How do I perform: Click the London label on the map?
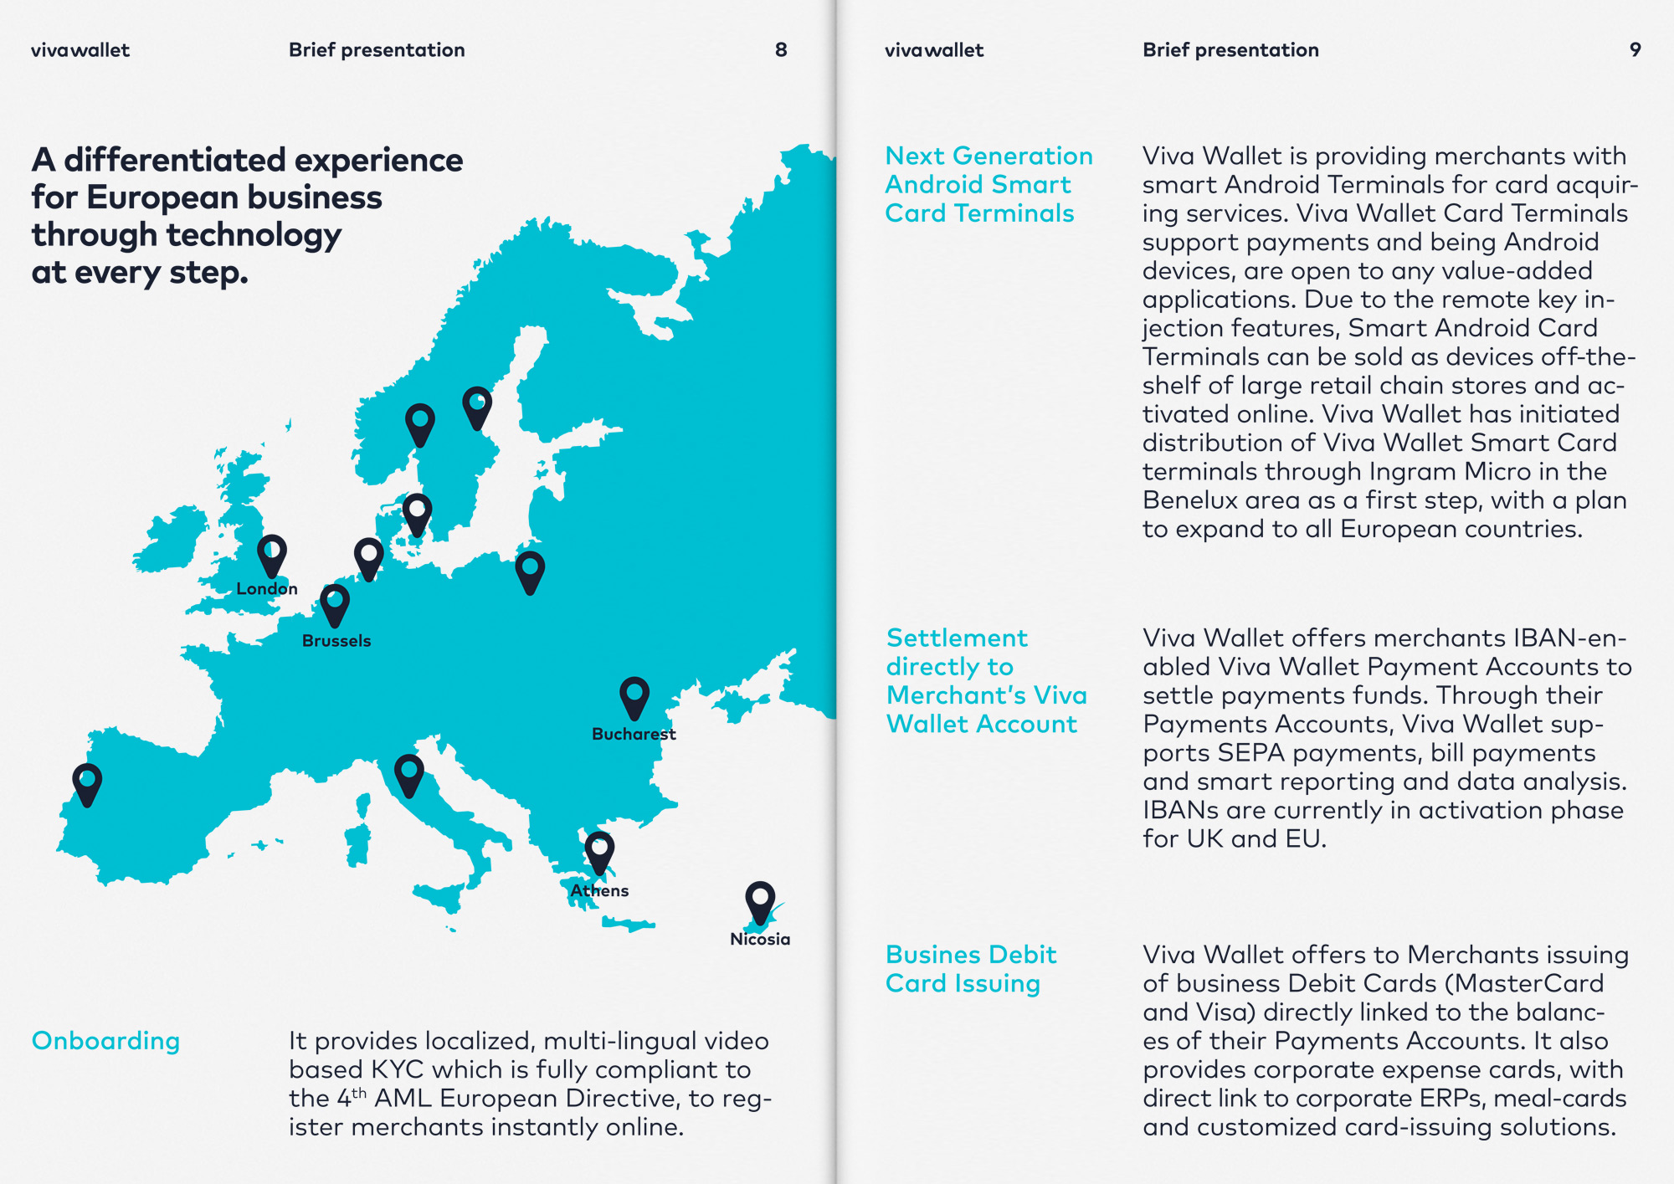266,588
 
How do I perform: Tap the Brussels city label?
336,641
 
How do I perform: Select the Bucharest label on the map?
634,734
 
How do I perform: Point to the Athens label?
599,890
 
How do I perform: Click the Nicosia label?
760,939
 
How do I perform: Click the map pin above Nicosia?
760,900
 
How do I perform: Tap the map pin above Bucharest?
634,696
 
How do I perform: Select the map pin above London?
272,555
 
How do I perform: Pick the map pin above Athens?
599,851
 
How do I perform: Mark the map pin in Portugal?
87,783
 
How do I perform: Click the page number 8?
781,50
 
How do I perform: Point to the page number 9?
1635,50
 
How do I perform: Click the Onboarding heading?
105,1041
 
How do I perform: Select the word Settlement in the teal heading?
956,638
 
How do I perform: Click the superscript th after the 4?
359,1093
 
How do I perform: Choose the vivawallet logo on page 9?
933,50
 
